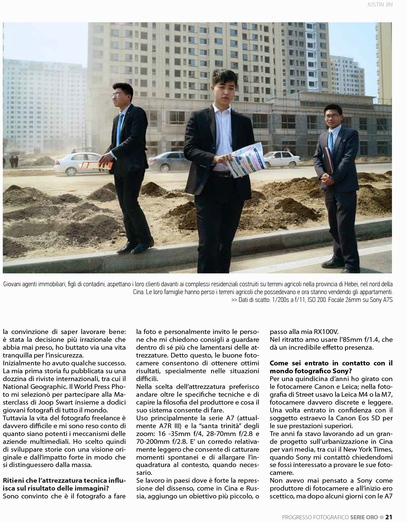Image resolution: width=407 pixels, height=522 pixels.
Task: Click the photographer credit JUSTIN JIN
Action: [x=379, y=5]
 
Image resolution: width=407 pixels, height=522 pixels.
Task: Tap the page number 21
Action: [x=389, y=517]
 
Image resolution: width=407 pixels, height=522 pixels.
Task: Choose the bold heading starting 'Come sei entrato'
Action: [x=331, y=367]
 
